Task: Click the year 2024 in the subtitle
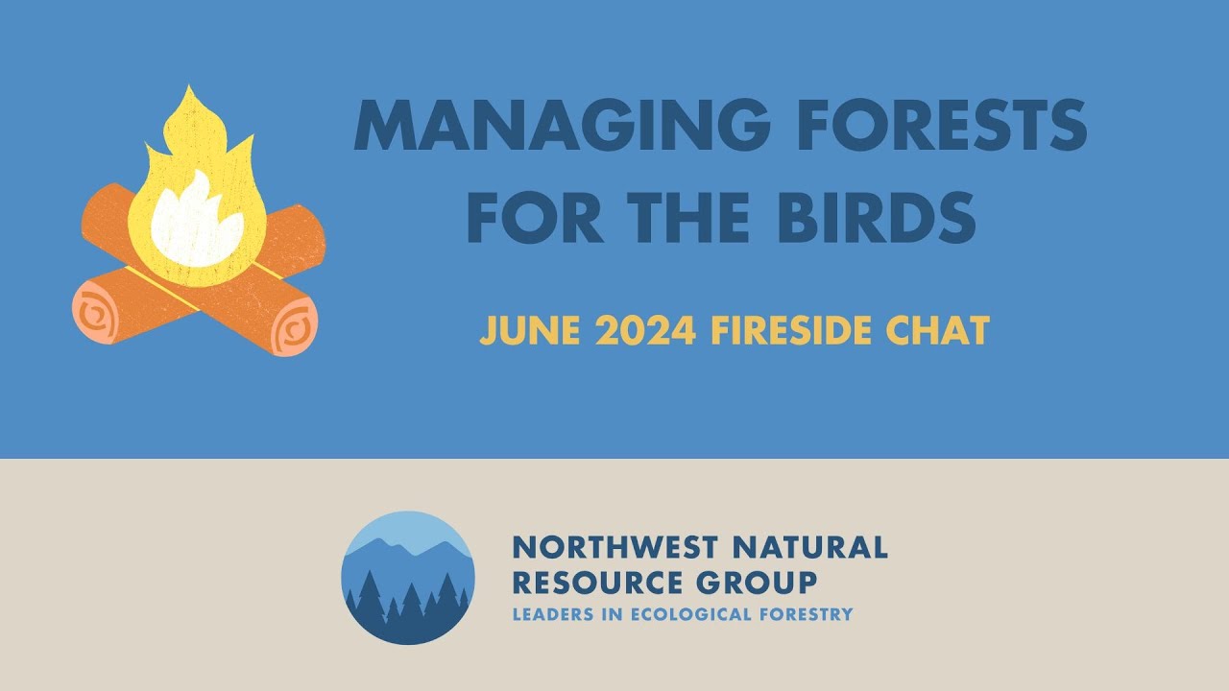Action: (645, 331)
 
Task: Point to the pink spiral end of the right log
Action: (294, 326)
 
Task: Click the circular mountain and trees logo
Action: (408, 577)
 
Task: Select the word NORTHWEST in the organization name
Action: (614, 548)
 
